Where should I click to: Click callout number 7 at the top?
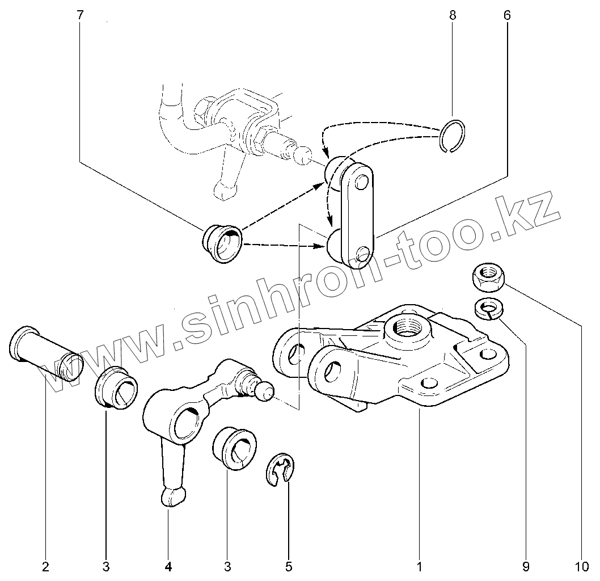point(80,15)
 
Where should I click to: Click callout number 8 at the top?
point(452,15)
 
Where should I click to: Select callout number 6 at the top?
point(506,15)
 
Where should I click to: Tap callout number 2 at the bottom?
point(45,566)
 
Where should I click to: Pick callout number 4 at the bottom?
point(168,566)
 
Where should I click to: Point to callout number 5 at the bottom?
point(288,566)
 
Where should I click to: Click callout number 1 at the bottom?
point(419,566)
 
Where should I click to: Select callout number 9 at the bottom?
point(526,566)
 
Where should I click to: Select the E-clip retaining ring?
point(280,469)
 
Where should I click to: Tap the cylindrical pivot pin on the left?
point(45,353)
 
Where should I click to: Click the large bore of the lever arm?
point(187,422)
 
